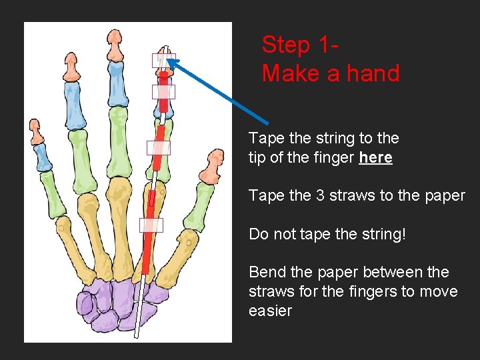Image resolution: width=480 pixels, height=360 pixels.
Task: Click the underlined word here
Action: pos(375,157)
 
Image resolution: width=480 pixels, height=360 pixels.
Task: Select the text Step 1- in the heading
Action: pos(300,45)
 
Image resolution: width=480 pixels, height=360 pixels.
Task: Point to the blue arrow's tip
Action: pos(169,59)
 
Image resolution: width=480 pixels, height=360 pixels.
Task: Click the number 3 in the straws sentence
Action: pos(320,195)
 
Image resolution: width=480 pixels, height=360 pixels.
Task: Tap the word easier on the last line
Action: pos(270,311)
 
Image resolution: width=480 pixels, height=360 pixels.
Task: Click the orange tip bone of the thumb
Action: pos(212,167)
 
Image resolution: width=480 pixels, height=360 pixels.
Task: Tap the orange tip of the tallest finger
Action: pos(115,45)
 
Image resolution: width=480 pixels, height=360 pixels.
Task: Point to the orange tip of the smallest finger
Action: pos(36,132)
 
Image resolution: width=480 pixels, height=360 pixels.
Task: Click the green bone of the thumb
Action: pos(199,207)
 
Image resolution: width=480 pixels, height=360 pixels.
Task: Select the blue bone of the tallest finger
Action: pos(118,84)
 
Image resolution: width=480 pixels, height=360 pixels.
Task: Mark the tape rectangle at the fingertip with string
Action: pos(164,61)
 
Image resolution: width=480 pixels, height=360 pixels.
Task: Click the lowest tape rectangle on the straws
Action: pos(151,225)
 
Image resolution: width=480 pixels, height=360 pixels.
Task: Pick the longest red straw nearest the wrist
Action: pos(148,232)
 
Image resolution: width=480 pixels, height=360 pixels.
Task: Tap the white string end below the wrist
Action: pos(137,336)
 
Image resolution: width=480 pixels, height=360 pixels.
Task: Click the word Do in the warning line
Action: pos(258,234)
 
